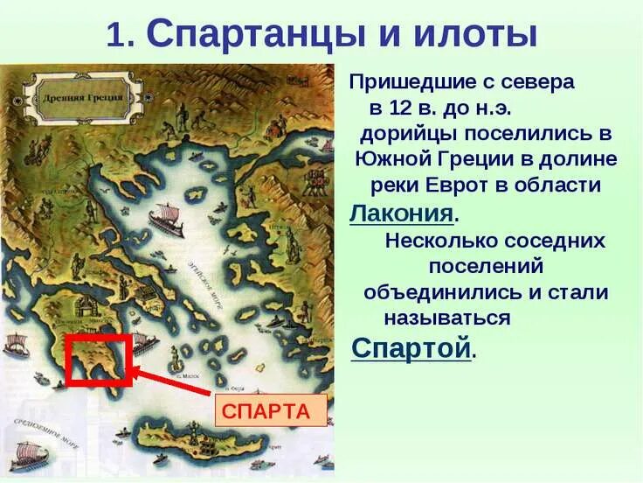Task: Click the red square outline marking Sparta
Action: (98, 359)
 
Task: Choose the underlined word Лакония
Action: (401, 213)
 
